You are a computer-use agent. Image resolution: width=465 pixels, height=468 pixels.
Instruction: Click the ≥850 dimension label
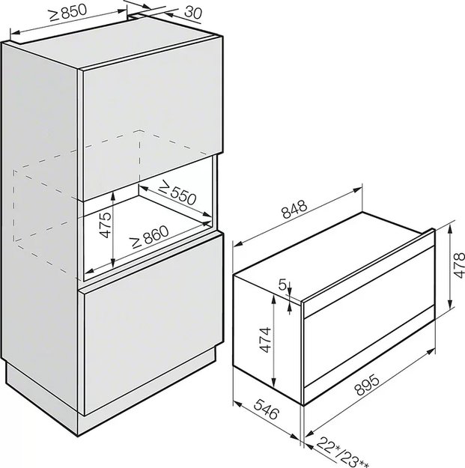[68, 13]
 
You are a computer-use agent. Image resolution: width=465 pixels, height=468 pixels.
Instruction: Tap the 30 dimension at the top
[193, 12]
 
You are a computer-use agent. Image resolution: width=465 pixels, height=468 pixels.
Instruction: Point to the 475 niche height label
[106, 225]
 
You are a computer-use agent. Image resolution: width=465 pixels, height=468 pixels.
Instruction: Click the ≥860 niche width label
[150, 237]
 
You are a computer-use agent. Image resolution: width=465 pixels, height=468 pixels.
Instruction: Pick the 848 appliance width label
[294, 209]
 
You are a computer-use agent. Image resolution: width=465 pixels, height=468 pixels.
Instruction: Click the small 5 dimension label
[282, 285]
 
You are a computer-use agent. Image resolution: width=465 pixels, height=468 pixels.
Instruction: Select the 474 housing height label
[265, 340]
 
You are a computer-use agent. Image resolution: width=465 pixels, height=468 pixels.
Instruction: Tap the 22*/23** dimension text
[342, 453]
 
